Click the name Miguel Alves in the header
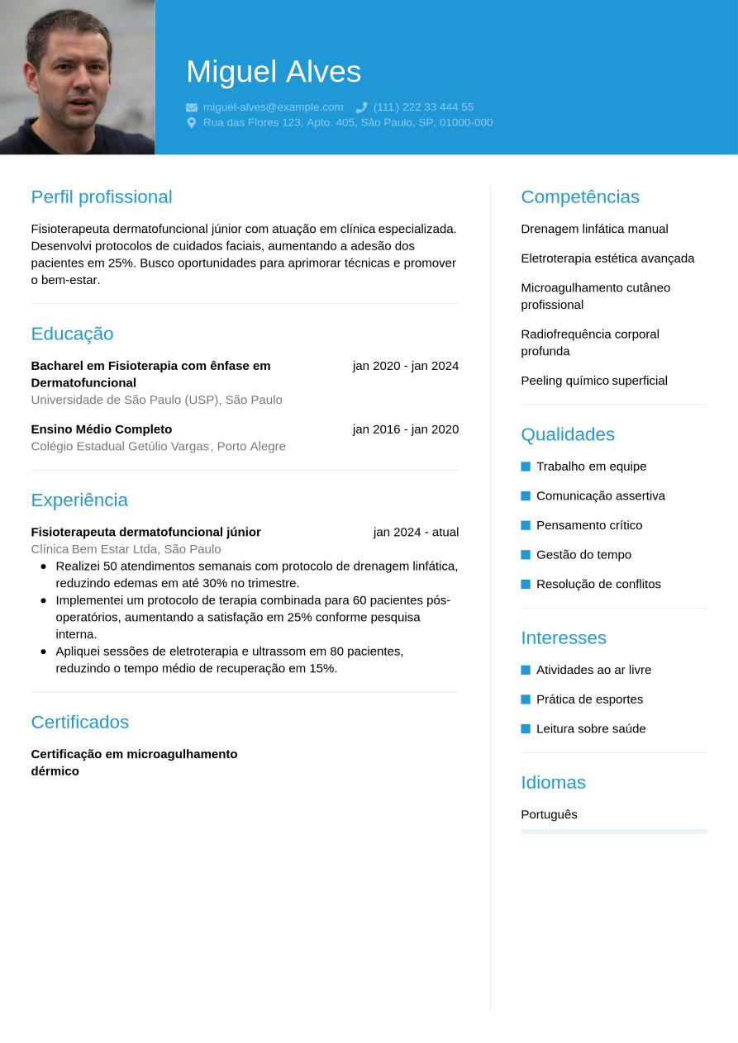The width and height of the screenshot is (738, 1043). pos(274,72)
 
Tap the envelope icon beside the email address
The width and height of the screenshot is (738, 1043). pos(192,107)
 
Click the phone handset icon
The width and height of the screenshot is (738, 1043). pos(361,107)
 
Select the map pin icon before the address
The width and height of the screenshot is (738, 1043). pos(192,122)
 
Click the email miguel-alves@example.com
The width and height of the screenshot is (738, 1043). pos(273,107)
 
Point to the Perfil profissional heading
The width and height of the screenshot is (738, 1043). pos(102,197)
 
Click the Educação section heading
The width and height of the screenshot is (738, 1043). pos(72,334)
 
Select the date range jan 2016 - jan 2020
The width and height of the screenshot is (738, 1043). pos(405,429)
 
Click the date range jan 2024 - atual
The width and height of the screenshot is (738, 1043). pos(416,532)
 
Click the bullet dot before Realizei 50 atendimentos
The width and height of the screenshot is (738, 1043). pos(44,567)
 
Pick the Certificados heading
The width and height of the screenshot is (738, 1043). pos(80,722)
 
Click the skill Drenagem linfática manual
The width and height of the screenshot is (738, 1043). pos(594,229)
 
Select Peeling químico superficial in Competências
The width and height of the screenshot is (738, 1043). pos(593,381)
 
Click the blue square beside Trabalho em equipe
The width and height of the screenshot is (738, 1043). pos(526,467)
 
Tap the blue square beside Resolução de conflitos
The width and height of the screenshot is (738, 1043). pos(526,585)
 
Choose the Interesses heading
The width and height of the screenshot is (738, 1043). pos(564,638)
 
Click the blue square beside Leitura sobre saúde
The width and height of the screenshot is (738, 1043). pos(526,729)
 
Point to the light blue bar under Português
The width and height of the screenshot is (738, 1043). pos(613,832)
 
